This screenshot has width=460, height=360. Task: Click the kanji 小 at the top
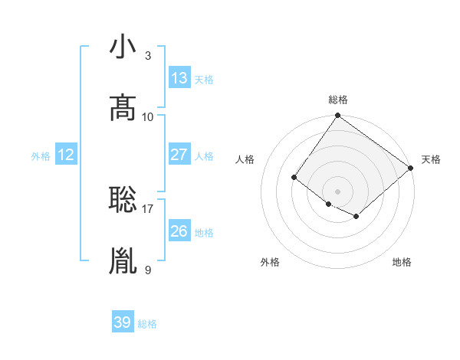tap(123, 47)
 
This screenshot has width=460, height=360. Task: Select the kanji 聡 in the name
tap(123, 199)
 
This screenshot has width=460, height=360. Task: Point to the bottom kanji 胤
tap(123, 260)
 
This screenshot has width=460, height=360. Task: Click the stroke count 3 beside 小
tap(148, 56)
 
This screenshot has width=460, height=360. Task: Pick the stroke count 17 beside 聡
tap(148, 208)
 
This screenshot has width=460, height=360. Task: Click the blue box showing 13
tap(179, 78)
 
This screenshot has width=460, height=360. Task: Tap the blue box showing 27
tap(179, 155)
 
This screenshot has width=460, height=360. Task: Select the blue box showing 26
tap(179, 231)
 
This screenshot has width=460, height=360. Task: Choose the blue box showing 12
tap(66, 155)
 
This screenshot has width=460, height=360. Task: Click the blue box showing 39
tap(123, 322)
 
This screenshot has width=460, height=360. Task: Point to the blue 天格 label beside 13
tap(204, 79)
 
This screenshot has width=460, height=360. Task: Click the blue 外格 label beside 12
tap(41, 155)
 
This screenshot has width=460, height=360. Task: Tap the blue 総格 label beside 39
tap(147, 323)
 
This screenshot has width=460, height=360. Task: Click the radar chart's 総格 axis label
tap(338, 100)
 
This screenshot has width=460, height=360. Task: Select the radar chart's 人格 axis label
tap(245, 159)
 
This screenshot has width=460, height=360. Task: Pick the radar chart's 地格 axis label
tap(402, 262)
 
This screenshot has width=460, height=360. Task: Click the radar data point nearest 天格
tap(411, 169)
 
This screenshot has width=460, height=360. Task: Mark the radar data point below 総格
tap(337, 116)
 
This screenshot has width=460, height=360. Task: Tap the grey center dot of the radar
tap(337, 191)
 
